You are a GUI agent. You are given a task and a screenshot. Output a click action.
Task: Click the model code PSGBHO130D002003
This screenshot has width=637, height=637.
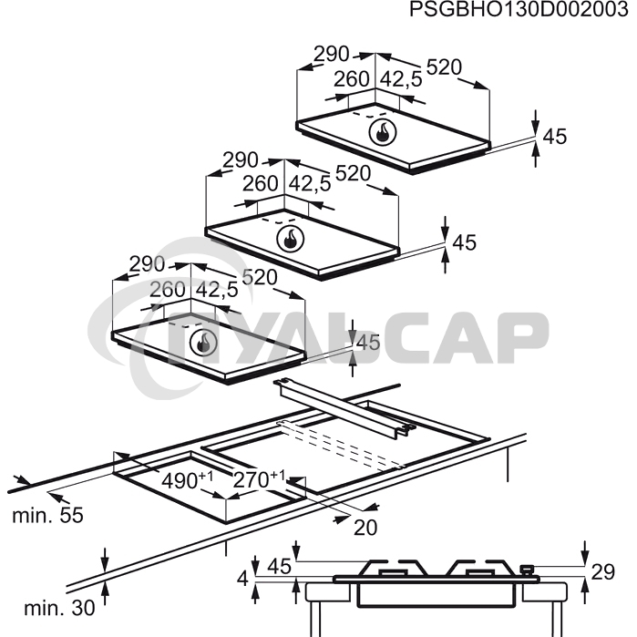coord(519,9)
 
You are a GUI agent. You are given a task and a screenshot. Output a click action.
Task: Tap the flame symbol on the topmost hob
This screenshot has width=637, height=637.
coord(383,132)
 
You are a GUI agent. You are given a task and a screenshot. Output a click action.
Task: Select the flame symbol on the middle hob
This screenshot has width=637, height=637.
coord(290,239)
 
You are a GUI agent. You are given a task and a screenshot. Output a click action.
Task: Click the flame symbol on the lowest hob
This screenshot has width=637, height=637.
coord(204,343)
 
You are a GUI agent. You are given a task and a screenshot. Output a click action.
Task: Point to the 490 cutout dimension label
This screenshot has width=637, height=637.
coord(188,480)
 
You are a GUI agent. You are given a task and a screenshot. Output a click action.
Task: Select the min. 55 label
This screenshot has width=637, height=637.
coord(47,516)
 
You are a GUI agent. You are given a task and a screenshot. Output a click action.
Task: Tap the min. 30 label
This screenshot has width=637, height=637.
coord(59,608)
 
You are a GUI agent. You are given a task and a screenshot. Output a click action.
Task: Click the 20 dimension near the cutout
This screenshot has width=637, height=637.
coord(365,528)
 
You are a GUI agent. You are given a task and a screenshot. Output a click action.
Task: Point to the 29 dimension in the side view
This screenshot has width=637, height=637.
coord(603,572)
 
